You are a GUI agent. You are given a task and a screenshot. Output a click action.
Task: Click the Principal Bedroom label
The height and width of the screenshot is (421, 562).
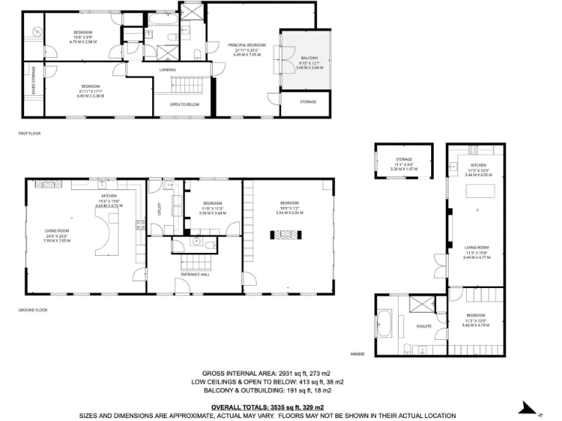(x=246, y=45)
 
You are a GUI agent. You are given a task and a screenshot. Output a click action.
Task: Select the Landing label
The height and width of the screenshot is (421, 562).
(x=168, y=70)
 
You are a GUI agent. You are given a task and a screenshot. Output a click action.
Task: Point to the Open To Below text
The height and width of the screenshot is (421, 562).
(x=185, y=104)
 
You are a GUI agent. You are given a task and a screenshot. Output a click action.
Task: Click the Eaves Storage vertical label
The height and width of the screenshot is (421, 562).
(x=33, y=80)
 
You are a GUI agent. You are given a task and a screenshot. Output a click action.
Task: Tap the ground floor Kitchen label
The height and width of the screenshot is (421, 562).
(x=109, y=197)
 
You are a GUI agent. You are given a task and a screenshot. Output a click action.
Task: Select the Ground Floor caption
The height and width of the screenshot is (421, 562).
(x=32, y=310)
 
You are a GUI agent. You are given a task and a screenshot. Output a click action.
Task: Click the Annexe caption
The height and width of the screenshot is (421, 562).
(x=357, y=353)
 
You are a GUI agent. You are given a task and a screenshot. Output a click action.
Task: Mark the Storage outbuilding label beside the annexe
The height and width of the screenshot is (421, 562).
(x=404, y=159)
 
